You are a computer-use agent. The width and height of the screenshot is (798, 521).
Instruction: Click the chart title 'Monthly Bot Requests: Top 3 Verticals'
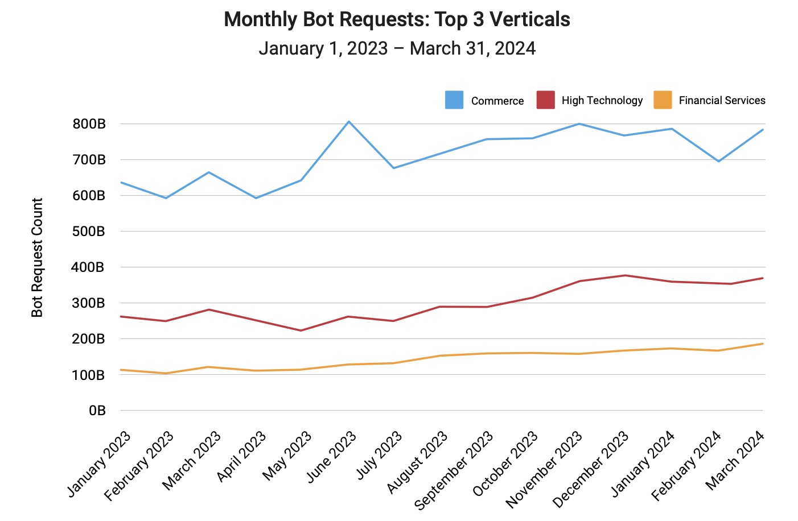coord(397,19)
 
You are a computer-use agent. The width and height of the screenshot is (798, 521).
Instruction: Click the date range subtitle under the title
coord(397,48)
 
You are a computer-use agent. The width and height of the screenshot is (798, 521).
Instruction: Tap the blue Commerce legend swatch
coord(454,100)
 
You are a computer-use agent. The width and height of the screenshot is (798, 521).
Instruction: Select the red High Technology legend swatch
coord(545,100)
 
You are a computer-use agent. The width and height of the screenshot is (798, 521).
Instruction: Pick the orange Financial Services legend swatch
coord(663,100)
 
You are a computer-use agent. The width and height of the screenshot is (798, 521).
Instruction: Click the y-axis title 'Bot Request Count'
coord(38,258)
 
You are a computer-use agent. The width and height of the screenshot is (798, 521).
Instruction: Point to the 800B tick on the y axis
coord(89,124)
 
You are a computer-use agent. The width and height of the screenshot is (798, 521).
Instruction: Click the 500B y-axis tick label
coord(89,231)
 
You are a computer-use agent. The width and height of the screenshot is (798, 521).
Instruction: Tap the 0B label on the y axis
coord(97,411)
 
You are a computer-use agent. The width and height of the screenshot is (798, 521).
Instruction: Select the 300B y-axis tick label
coord(89,303)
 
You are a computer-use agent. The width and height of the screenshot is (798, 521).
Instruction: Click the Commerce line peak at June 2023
coord(348,121)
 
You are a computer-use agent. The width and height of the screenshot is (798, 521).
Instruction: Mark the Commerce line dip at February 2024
coord(719,162)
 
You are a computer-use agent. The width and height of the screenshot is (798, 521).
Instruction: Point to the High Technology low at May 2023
coord(301,330)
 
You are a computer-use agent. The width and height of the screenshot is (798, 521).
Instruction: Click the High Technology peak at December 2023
coord(626,275)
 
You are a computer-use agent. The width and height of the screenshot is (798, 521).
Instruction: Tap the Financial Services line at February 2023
coord(166,373)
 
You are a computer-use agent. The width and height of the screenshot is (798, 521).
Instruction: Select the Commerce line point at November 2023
coord(579,123)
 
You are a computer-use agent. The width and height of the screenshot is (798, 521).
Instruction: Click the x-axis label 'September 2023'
coord(454,470)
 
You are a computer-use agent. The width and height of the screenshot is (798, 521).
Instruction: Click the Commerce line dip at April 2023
coord(256,198)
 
